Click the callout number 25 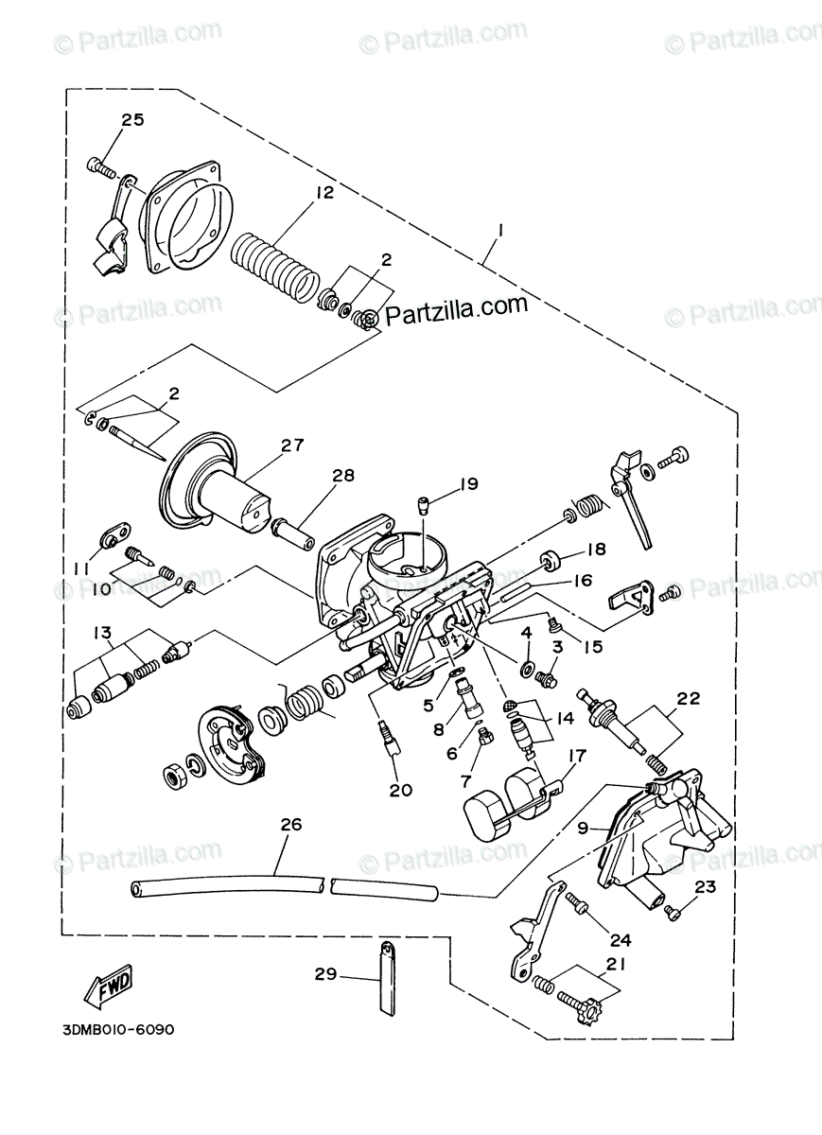pyautogui.click(x=132, y=119)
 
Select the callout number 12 pyautogui.click(x=324, y=193)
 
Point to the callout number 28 pyautogui.click(x=342, y=475)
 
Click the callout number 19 pyautogui.click(x=469, y=485)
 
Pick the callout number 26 pyautogui.click(x=290, y=824)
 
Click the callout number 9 pyautogui.click(x=584, y=828)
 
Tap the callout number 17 pyautogui.click(x=577, y=756)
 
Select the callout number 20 pyautogui.click(x=401, y=790)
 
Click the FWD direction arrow pyautogui.click(x=106, y=987)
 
